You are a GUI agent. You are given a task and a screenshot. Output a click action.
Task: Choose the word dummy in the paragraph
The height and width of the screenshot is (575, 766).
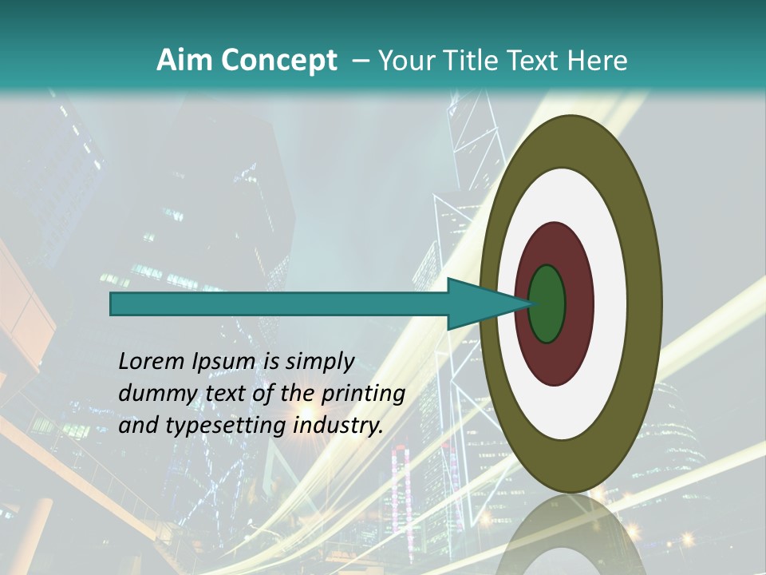pyautogui.click(x=152, y=394)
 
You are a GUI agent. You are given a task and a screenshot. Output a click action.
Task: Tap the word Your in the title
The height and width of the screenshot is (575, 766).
pyautogui.click(x=404, y=60)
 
